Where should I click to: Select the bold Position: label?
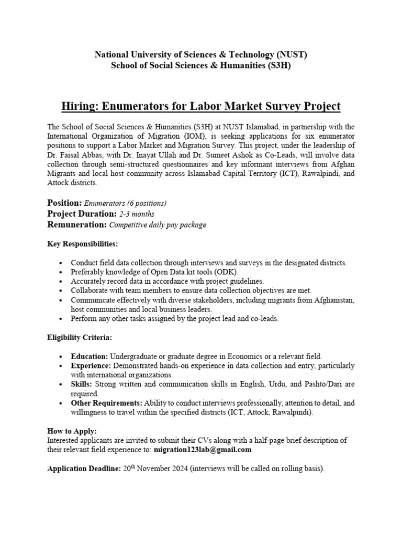64,203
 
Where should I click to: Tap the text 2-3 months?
137,214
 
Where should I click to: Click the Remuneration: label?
76,225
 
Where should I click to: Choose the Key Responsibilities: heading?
83,244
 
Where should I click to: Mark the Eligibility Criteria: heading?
79,338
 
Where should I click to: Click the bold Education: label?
90,356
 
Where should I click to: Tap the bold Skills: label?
82,384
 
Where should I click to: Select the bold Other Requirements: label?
107,403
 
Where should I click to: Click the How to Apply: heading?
72,431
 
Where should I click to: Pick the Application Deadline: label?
84,469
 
